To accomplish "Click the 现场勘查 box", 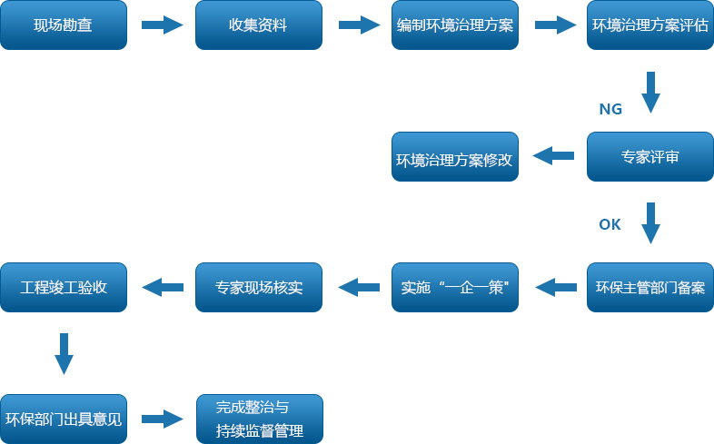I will point(64,25).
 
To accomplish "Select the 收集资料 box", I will point(259,25).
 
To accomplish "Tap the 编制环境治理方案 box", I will point(455,25).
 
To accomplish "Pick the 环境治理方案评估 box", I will point(650,25).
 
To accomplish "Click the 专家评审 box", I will point(650,156).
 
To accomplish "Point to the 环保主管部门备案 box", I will point(650,288).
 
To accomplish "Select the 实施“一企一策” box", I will point(455,288).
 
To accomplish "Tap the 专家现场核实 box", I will point(259,288).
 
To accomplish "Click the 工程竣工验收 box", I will point(64,288).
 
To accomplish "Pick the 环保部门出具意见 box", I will point(64,419).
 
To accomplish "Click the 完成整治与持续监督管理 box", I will point(259,419).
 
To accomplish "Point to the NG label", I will point(610,109).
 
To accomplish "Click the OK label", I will point(610,224).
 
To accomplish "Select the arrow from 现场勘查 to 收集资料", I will point(162,25).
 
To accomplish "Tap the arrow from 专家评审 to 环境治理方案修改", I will point(552,156).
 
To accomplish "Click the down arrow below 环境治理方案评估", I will point(650,91).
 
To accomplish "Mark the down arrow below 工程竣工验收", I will point(64,353).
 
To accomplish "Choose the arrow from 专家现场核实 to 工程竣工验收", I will point(162,288).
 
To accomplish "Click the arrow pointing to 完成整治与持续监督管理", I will point(162,419).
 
